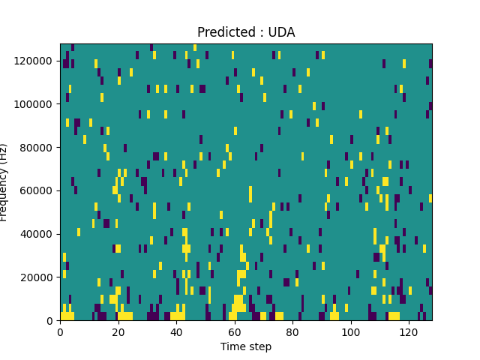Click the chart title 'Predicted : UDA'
(246, 32)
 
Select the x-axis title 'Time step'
(246, 346)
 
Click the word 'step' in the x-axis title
(259, 346)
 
